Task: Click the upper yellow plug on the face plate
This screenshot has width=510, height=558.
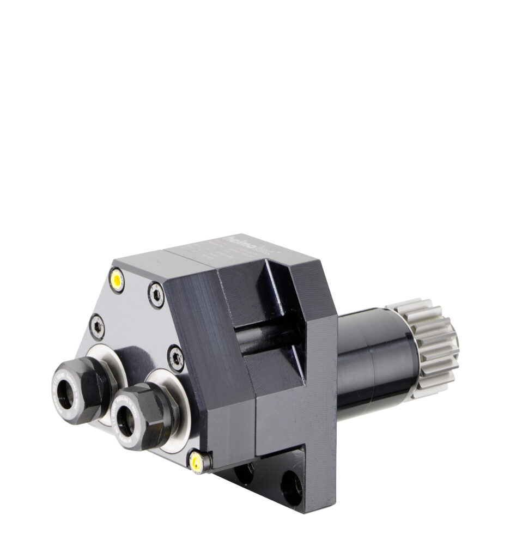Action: click(x=117, y=280)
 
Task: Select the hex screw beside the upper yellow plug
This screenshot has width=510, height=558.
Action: click(x=156, y=294)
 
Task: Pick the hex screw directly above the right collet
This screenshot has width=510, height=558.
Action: click(x=176, y=358)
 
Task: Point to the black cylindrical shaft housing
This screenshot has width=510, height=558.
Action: click(x=376, y=360)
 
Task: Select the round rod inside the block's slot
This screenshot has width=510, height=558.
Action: click(x=267, y=338)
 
